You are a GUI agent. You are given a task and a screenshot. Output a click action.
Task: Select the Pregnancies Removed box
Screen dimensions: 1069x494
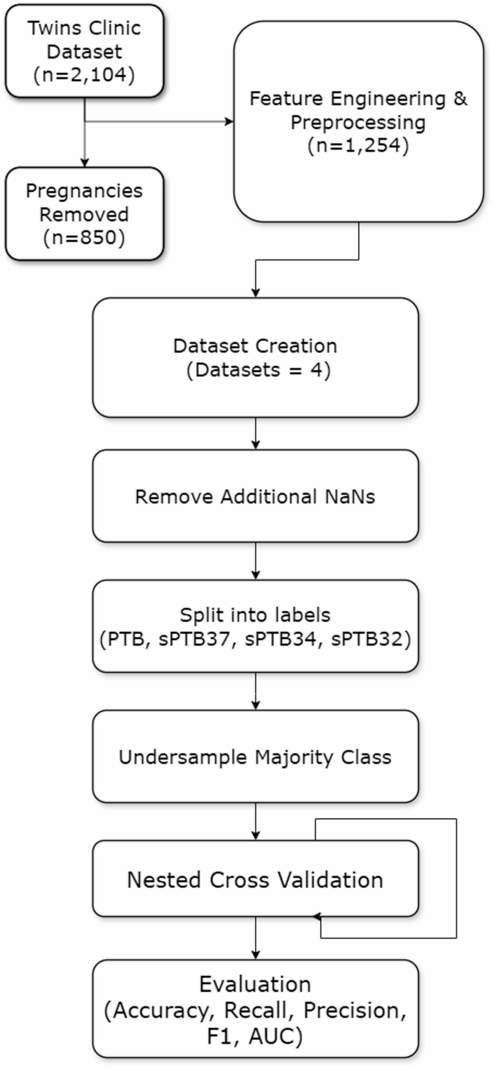pyautogui.click(x=84, y=214)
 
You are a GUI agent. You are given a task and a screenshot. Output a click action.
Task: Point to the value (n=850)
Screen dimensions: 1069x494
pyautogui.click(x=84, y=237)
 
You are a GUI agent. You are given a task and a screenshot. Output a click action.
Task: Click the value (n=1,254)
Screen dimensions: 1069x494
pyautogui.click(x=358, y=146)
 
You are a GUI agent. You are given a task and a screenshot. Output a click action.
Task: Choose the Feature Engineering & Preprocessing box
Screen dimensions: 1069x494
pyautogui.click(x=358, y=121)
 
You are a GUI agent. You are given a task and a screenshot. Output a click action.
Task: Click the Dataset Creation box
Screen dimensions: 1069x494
pyautogui.click(x=255, y=357)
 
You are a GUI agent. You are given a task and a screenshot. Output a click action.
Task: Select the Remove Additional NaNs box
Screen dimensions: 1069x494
pyautogui.click(x=255, y=496)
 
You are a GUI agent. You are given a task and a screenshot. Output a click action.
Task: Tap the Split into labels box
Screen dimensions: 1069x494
pyautogui.click(x=255, y=626)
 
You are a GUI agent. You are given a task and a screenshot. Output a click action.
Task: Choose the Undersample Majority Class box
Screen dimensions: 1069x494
pyautogui.click(x=255, y=757)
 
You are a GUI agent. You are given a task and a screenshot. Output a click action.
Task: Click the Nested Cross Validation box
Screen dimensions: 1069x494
pyautogui.click(x=255, y=879)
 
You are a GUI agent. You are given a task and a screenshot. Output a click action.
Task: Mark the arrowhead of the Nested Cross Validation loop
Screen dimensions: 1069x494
pyautogui.click(x=315, y=915)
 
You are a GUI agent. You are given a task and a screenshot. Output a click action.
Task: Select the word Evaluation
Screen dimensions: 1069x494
pyautogui.click(x=255, y=985)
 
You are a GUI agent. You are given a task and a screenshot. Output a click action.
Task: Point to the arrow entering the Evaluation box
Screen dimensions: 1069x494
pyautogui.click(x=255, y=952)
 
